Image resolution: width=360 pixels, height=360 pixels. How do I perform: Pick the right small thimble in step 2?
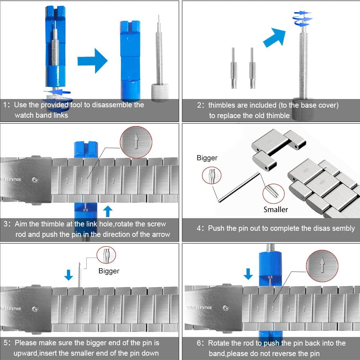253,68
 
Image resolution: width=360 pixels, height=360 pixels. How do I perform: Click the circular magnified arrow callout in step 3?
136,142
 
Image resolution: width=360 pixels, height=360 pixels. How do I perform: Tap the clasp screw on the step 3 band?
35,180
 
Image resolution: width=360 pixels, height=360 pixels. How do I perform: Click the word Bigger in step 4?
207,158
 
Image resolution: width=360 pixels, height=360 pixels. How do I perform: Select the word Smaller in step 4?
276,209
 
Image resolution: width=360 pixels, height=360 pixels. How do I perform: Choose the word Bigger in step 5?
109,271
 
